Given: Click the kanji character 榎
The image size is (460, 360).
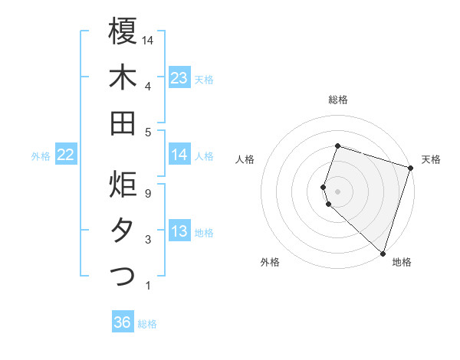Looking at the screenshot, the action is tap(123, 31).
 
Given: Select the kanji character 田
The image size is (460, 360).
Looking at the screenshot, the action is tap(123, 123).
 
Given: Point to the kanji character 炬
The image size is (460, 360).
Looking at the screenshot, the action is tap(123, 185).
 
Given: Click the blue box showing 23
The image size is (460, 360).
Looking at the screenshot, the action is tap(179, 78).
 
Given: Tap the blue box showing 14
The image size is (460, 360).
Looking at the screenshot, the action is tap(179, 155).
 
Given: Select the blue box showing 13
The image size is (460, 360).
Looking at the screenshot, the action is tap(179, 232).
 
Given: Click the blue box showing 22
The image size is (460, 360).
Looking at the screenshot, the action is tap(66, 155).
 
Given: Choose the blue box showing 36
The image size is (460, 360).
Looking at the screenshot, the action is tap(123, 322).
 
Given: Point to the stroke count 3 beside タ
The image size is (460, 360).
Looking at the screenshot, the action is tap(147, 240).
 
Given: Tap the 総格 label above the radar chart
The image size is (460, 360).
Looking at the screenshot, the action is tap(338, 100).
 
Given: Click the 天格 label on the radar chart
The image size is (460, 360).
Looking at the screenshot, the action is tap(431, 159).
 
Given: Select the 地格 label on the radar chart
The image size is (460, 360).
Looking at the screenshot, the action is tap(402, 262).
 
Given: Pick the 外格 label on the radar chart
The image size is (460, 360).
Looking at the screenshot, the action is tap(270, 262).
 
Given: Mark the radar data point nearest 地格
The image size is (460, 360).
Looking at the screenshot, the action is tap(382, 252).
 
